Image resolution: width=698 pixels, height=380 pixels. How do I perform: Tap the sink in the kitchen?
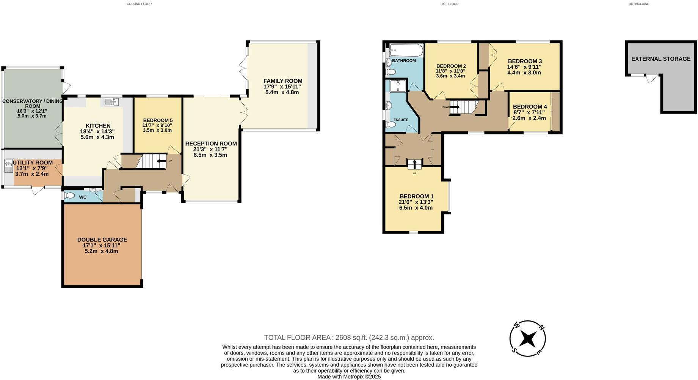click(x=111, y=102)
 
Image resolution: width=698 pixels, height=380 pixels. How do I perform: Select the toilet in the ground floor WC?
click(x=70, y=196)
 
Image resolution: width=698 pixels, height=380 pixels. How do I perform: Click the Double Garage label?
click(x=102, y=240)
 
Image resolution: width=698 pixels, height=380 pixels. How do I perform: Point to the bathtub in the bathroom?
click(x=406, y=50)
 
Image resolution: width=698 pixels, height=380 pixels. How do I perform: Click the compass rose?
click(x=527, y=338)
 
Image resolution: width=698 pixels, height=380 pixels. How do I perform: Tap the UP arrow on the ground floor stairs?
click(x=162, y=161)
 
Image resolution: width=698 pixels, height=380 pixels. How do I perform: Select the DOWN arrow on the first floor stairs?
click(x=455, y=107)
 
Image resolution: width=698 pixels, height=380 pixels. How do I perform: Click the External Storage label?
click(x=660, y=59)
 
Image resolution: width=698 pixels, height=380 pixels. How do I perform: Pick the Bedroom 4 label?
click(x=530, y=107)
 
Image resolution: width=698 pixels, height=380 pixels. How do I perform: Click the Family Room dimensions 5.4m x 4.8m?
click(x=282, y=92)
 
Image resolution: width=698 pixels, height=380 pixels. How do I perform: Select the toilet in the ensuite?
click(x=391, y=124)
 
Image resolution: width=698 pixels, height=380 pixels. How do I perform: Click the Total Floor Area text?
click(x=349, y=337)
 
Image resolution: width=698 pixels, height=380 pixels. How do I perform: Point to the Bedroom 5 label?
click(x=158, y=120)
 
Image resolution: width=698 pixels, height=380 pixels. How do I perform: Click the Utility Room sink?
click(x=9, y=164)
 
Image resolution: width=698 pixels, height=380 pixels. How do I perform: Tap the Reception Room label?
click(x=211, y=143)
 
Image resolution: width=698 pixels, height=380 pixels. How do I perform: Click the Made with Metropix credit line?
click(x=349, y=377)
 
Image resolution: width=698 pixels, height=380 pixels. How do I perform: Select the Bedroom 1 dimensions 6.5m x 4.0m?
click(x=416, y=208)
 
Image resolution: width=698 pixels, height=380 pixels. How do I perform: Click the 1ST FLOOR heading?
click(x=450, y=4)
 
